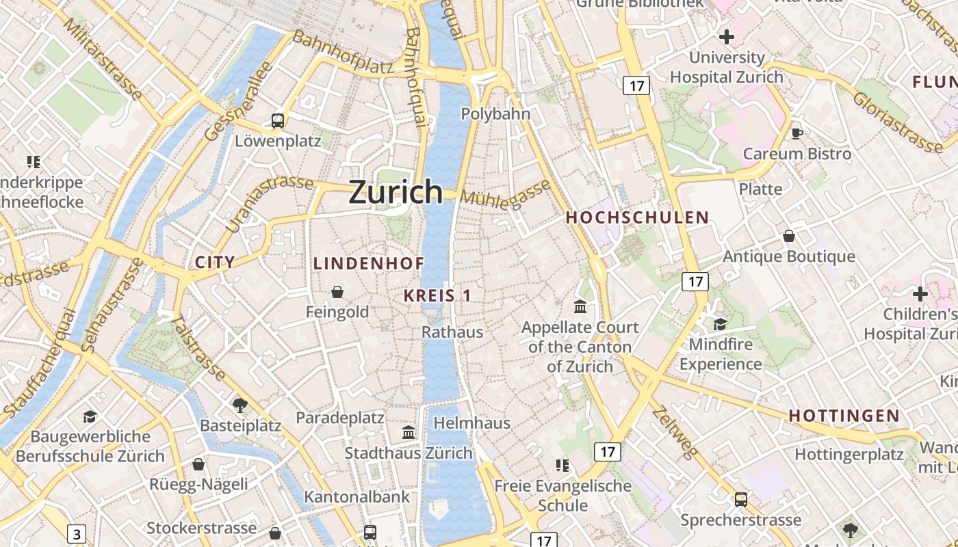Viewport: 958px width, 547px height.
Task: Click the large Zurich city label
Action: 396,192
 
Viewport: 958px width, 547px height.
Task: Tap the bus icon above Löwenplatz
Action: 278,121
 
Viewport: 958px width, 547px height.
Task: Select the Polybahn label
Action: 496,114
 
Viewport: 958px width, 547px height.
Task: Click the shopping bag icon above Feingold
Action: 337,292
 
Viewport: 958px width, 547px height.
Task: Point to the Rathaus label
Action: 452,332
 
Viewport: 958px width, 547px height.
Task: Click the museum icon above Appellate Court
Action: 580,306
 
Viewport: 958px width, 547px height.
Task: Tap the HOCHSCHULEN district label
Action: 638,218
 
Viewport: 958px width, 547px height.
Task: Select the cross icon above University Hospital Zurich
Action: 727,36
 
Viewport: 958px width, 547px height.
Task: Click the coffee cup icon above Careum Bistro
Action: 797,133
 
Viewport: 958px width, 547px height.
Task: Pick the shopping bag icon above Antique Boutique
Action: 789,236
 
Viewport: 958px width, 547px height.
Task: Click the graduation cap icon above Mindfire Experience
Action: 720,323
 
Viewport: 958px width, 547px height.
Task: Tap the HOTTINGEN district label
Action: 844,416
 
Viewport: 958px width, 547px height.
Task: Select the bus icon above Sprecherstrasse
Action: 740,500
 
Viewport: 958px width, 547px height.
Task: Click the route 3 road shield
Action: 77,533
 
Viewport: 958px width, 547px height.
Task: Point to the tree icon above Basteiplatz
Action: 240,405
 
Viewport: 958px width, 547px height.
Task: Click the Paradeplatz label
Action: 339,418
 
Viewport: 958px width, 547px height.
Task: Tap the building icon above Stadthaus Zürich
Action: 409,432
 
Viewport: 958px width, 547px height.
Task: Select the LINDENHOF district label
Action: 369,263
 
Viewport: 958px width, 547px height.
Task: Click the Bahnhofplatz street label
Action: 344,53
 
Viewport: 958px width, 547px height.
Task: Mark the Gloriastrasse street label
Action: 897,121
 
